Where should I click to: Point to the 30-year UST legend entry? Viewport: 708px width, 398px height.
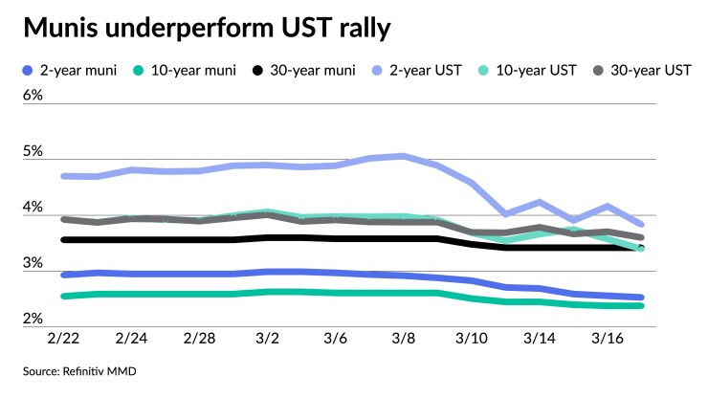coord(642,71)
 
